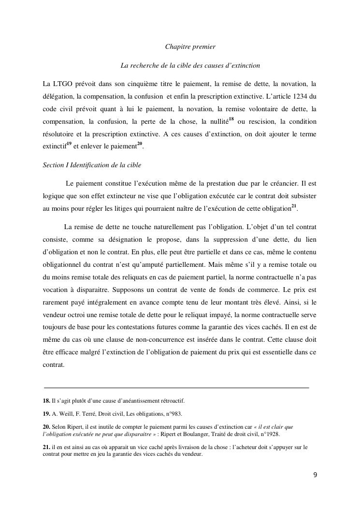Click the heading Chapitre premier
(190, 47)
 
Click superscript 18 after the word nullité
(231, 119)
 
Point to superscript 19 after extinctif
(69, 144)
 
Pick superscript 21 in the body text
(294, 206)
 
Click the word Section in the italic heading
(53, 165)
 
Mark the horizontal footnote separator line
(176, 388)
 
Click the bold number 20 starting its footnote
(46, 427)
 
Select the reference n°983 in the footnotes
(172, 414)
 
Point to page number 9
(315, 475)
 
